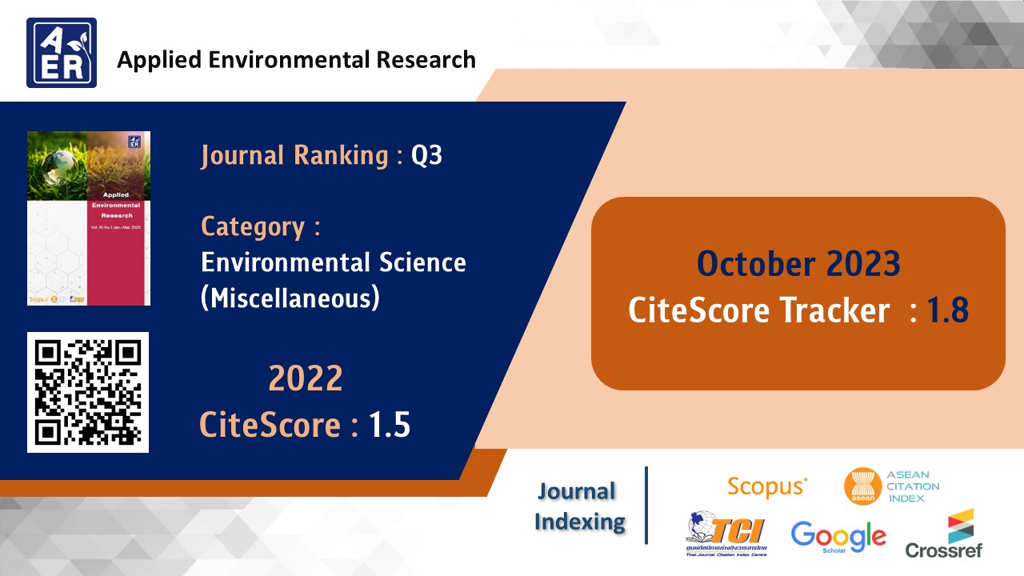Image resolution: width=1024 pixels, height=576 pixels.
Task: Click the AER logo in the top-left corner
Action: click(62, 53)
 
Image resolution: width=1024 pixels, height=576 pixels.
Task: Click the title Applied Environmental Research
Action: click(296, 60)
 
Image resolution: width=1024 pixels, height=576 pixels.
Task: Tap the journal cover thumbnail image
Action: click(89, 218)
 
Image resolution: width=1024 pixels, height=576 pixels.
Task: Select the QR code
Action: click(88, 392)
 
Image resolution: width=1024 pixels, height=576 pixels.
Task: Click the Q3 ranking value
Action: click(426, 155)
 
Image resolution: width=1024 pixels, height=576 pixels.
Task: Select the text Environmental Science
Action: click(333, 262)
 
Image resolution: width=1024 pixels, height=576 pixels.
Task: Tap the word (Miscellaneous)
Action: click(290, 298)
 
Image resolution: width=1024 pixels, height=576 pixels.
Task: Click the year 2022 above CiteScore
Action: click(305, 378)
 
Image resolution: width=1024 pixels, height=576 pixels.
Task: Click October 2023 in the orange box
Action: click(798, 263)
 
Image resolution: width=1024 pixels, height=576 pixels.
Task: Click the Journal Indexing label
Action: click(580, 506)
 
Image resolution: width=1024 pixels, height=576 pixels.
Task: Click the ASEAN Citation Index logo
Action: click(891, 486)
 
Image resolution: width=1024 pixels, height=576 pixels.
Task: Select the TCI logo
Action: click(726, 534)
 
